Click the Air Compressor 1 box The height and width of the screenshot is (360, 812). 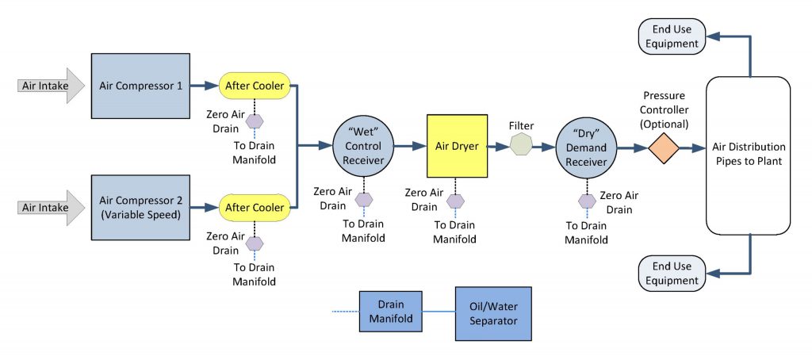pos(140,85)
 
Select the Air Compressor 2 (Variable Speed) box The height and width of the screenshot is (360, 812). pos(140,208)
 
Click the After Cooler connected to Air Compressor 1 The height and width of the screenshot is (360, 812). pos(255,85)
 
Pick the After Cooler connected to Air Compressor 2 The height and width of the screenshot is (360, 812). pos(255,208)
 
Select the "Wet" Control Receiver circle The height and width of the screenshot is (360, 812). pos(363,146)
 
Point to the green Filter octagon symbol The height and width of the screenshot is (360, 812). pos(521,146)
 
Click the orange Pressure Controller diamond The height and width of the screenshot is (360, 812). pos(662,147)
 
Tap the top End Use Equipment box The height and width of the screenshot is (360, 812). pos(671,36)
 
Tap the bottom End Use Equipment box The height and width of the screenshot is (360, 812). pos(671,273)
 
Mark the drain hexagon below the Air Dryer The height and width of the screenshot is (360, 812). pos(455,201)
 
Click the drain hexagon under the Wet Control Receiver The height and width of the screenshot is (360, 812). pos(364,200)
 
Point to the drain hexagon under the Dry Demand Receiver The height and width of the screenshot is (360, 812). pos(587,201)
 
